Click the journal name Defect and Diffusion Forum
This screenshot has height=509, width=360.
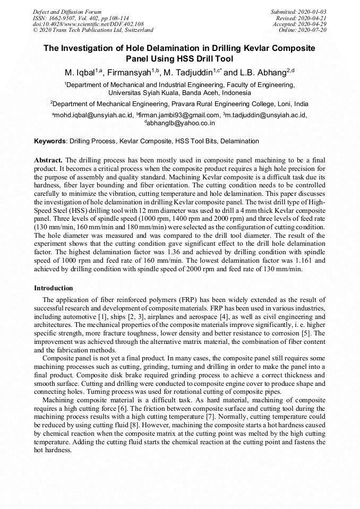pos(67,12)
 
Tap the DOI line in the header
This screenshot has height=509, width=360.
pos(88,24)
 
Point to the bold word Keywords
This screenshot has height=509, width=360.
pos(50,141)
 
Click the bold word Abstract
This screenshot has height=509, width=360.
pos(48,160)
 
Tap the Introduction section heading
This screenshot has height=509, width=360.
pos(54,288)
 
